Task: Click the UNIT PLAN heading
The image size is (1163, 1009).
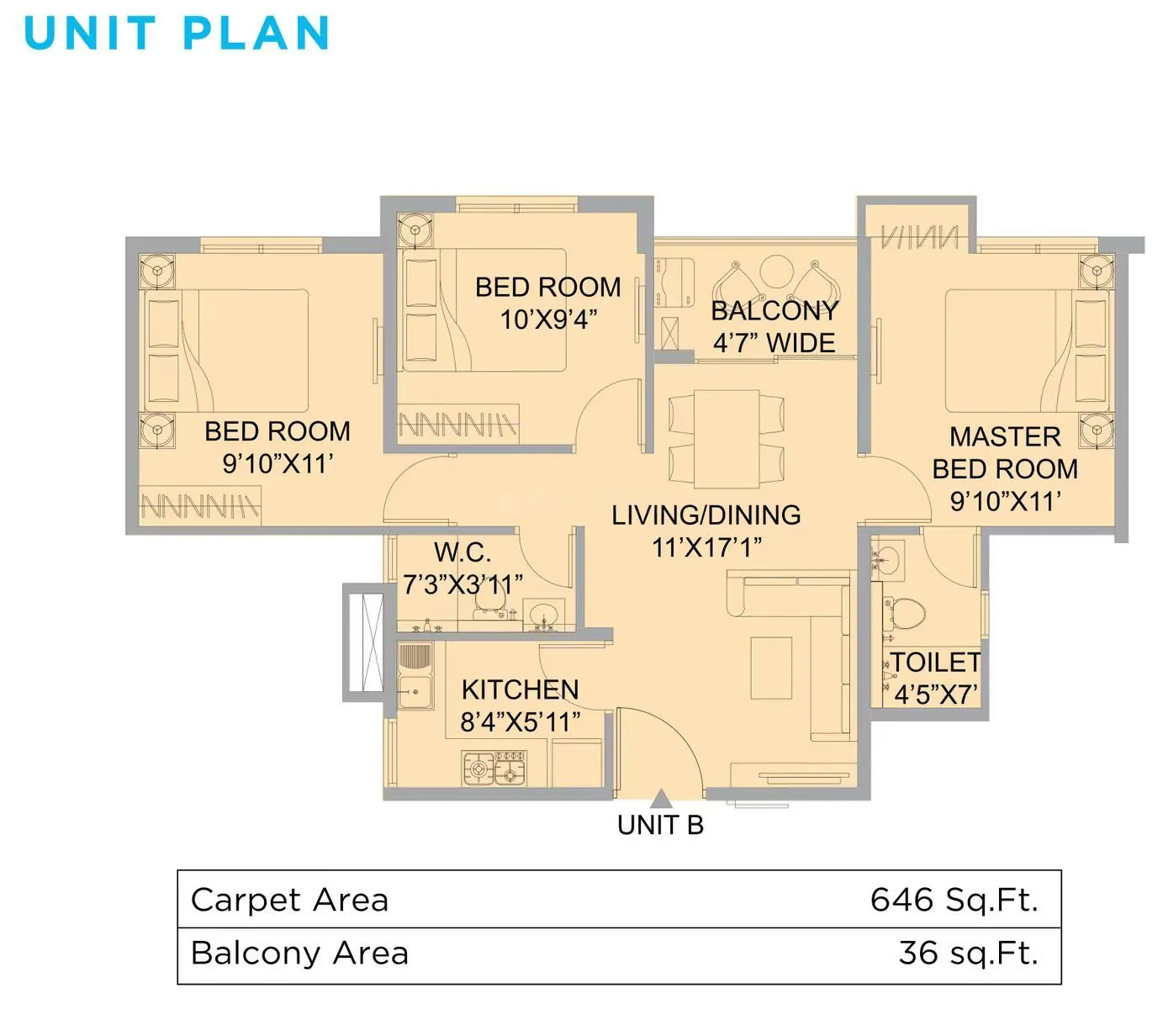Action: (177, 34)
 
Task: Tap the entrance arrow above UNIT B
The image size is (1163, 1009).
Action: (661, 799)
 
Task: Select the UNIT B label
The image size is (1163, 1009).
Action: (660, 826)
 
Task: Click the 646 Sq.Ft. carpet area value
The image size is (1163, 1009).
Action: (954, 900)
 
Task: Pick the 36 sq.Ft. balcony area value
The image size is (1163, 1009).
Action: (968, 954)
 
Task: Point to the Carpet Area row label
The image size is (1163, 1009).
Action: (290, 900)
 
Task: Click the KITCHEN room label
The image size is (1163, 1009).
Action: (520, 689)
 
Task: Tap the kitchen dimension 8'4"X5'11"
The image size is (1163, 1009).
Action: (520, 721)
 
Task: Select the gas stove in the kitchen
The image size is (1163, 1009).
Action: (494, 769)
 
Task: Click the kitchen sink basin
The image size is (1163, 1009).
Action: (415, 692)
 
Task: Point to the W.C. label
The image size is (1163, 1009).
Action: (463, 552)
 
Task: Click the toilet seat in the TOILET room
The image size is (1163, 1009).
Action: (906, 612)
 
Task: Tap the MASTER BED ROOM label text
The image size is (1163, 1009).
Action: (1005, 452)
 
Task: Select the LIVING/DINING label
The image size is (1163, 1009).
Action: (706, 515)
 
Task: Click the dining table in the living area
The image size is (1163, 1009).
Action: (727, 439)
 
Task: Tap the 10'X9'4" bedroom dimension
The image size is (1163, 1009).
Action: (548, 320)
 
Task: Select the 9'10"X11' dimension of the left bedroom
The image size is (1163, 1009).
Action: (278, 463)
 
